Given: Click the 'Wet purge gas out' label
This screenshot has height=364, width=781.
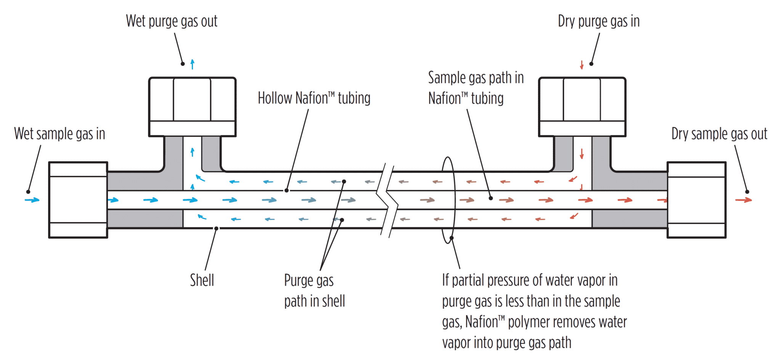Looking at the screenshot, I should (172, 21).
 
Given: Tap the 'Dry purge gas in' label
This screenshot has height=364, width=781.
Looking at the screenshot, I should (599, 21).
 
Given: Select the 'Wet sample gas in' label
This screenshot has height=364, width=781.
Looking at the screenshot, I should (59, 134).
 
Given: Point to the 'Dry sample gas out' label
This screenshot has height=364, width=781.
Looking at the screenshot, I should (719, 134).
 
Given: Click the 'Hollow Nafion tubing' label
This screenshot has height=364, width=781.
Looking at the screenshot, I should (314, 98).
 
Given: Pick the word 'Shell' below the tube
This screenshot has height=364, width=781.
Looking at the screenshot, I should (202, 281).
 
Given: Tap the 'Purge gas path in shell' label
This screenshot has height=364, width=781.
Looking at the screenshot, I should (314, 291).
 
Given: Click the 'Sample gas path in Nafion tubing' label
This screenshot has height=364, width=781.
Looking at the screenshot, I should (476, 88).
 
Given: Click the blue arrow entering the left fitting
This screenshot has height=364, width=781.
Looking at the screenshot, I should (32, 200).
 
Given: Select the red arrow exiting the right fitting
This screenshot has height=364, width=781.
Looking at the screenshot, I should (744, 200).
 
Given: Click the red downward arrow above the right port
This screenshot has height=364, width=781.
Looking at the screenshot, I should (582, 65).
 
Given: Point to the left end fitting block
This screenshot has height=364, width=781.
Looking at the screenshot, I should (78, 200).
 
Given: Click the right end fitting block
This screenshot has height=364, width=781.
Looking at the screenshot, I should (696, 200).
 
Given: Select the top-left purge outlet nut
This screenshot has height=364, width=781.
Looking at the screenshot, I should (192, 107).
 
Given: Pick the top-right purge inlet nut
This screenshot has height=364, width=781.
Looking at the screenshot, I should (582, 107).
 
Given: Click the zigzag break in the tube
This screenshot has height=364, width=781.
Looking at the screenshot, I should (387, 200).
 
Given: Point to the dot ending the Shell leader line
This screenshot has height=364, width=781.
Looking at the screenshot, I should (216, 228).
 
